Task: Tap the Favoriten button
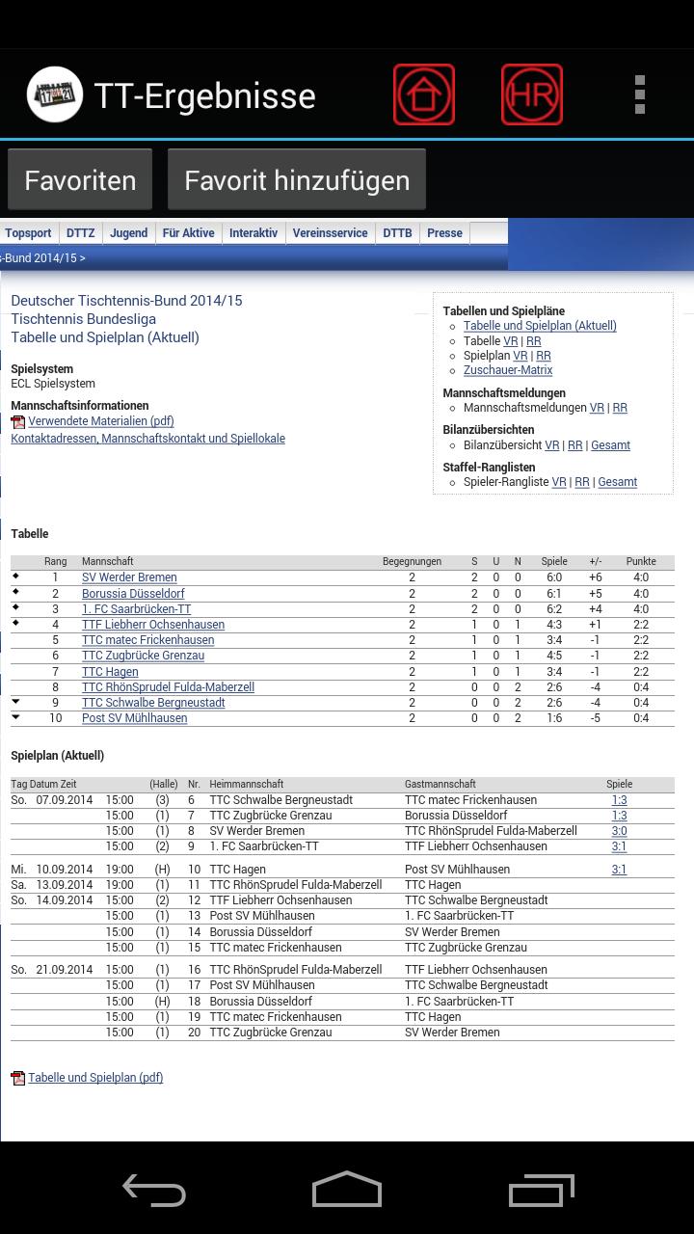(80, 180)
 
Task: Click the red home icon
(424, 94)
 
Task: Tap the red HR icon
(532, 94)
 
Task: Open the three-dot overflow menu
(639, 94)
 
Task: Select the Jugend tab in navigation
(128, 233)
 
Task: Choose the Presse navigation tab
(444, 233)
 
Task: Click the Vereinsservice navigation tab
(330, 233)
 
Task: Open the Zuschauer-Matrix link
(508, 370)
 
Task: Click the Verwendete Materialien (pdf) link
(100, 421)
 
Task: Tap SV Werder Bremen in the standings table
(129, 577)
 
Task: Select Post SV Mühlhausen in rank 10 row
(134, 718)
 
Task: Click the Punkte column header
(641, 561)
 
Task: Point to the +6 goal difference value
(596, 577)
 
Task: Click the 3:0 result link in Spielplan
(619, 831)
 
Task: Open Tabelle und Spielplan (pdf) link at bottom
(95, 1078)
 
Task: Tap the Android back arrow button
(154, 1190)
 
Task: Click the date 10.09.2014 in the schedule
(65, 870)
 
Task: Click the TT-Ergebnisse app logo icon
(54, 94)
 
